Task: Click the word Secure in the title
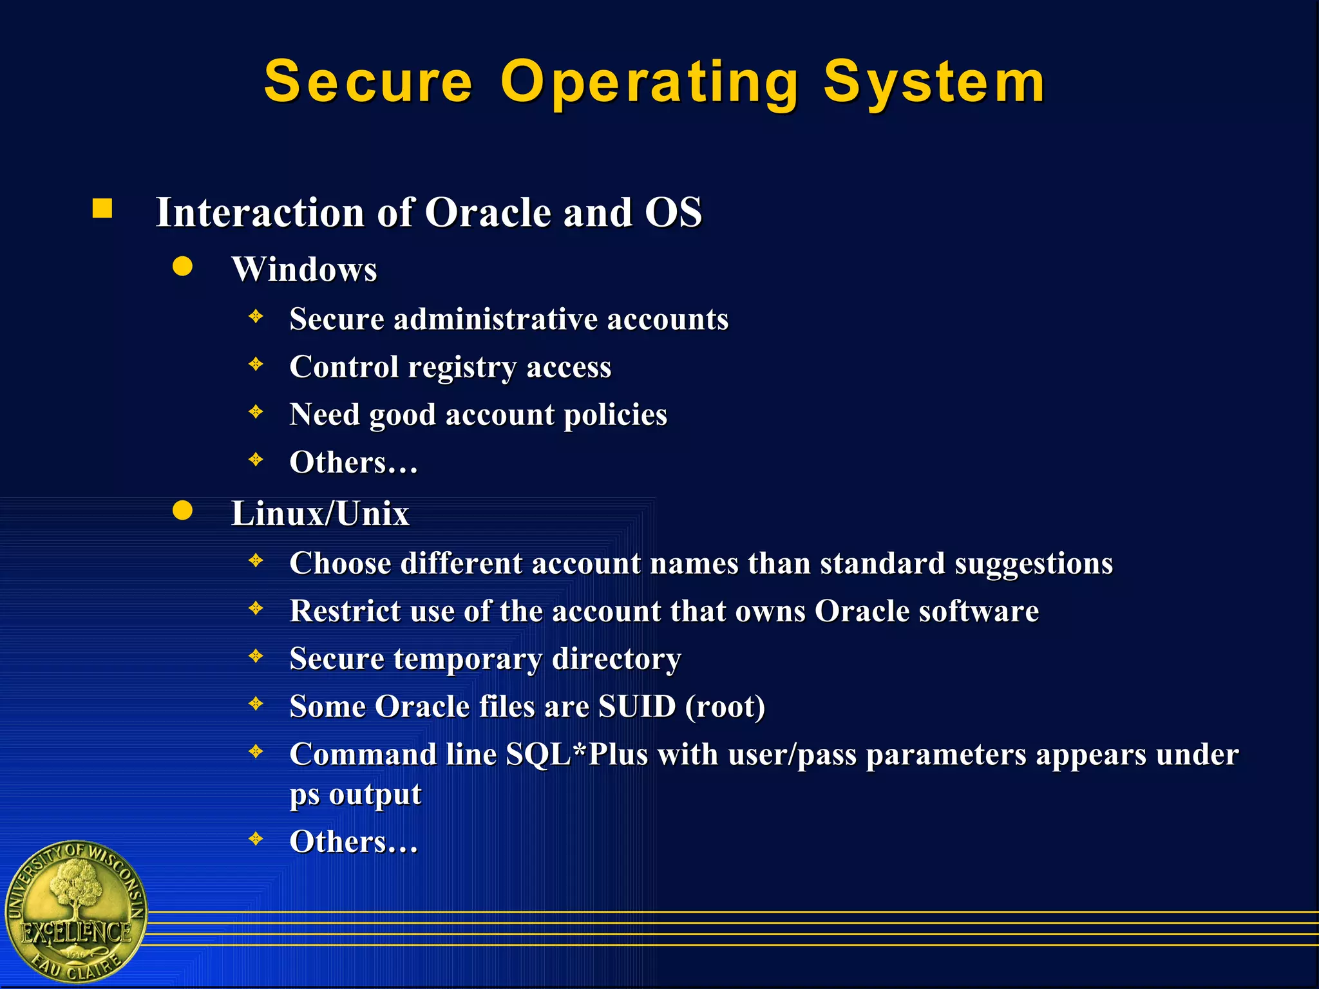(x=368, y=82)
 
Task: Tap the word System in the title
(x=934, y=82)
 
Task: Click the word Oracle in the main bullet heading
(x=488, y=212)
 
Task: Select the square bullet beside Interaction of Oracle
(x=102, y=209)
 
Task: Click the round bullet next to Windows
(x=183, y=266)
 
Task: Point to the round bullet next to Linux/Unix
(x=183, y=510)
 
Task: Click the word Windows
(x=304, y=269)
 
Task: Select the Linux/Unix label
(x=320, y=514)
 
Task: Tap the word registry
(x=462, y=368)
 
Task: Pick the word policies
(x=615, y=415)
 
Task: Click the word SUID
(x=637, y=706)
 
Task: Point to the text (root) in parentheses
(x=725, y=707)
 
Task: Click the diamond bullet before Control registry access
(x=256, y=364)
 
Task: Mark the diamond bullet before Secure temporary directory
(x=256, y=656)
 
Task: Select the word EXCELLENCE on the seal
(x=76, y=932)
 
